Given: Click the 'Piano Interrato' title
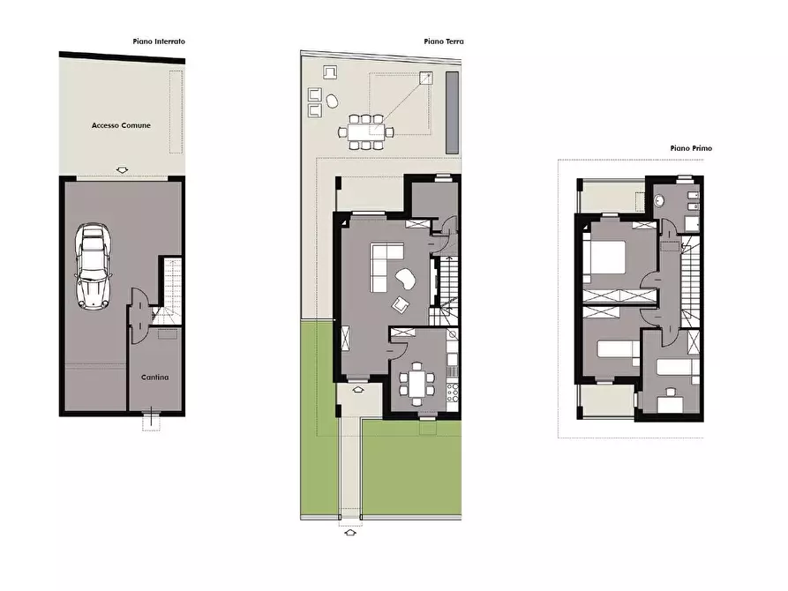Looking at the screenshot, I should pyautogui.click(x=160, y=41).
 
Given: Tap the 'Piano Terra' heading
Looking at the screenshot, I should pyautogui.click(x=443, y=41).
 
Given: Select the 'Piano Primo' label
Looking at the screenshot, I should pyautogui.click(x=691, y=148).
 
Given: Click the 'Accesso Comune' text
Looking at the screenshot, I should pyautogui.click(x=121, y=125).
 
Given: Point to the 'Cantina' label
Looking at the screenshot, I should pyautogui.click(x=154, y=378).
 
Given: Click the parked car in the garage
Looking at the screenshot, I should pyautogui.click(x=93, y=265).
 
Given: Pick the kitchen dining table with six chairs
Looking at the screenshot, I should pyautogui.click(x=417, y=383).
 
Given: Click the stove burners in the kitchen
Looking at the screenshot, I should pyautogui.click(x=454, y=390).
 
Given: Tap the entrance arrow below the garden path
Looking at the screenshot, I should pyautogui.click(x=350, y=532).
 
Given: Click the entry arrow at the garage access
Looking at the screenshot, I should pyautogui.click(x=121, y=169).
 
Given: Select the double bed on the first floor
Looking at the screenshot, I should pyautogui.click(x=606, y=257).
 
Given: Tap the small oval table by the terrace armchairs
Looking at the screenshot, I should pyautogui.click(x=332, y=101).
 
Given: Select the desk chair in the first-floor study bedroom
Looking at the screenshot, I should pyautogui.click(x=670, y=392).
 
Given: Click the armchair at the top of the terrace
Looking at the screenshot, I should pyautogui.click(x=330, y=72).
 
